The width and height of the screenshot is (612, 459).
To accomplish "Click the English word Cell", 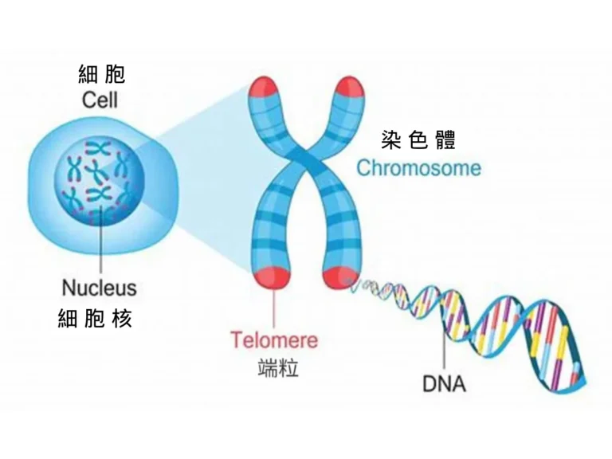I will pyautogui.click(x=100, y=100).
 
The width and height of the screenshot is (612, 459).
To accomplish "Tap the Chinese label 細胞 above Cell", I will pyautogui.click(x=101, y=75).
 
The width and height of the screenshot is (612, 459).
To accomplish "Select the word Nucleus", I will pyautogui.click(x=99, y=287).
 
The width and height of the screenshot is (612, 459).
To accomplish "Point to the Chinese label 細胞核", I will pyautogui.click(x=95, y=319).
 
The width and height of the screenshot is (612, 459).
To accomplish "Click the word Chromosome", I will pyautogui.click(x=418, y=169).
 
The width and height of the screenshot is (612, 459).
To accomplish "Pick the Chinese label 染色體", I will pyautogui.click(x=418, y=141).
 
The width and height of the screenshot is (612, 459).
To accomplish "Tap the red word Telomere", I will pyautogui.click(x=274, y=340).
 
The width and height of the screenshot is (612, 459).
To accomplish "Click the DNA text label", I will pyautogui.click(x=444, y=384).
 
